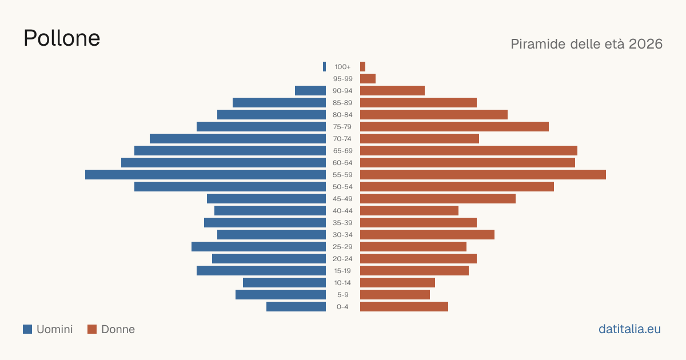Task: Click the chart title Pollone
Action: [x=62, y=38]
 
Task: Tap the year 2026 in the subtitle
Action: [x=645, y=44]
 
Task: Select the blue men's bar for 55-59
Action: [x=205, y=174]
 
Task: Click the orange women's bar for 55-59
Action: [x=483, y=174]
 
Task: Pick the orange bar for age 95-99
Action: [x=368, y=79]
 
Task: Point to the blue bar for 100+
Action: [x=324, y=67]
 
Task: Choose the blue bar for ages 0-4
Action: [x=296, y=306]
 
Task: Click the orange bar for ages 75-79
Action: [x=454, y=126]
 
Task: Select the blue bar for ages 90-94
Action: [x=310, y=91]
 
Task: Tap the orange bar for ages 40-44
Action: [x=409, y=211]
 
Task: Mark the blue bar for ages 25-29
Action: [x=259, y=246]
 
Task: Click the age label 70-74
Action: [x=342, y=139]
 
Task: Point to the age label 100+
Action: [x=342, y=67]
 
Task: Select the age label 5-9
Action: [x=342, y=294]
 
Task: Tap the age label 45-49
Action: [x=342, y=199]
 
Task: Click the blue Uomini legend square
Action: [x=27, y=329]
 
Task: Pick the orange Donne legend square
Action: [x=92, y=329]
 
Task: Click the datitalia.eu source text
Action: [x=629, y=329]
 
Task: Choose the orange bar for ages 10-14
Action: [x=397, y=282]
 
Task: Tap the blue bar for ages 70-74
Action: [x=238, y=139]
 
